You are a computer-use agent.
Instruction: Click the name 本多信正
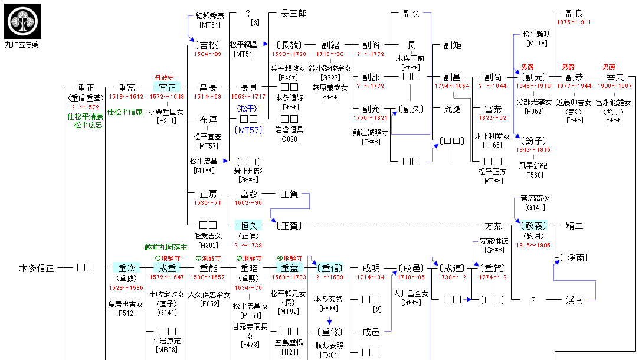[x=37, y=268]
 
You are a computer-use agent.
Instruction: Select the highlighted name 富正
[x=167, y=87]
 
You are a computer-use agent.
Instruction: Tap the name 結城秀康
[x=211, y=15]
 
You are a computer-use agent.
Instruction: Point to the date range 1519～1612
[x=126, y=96]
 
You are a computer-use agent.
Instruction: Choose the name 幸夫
[x=615, y=77]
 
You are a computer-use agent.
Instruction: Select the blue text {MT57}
[x=248, y=130]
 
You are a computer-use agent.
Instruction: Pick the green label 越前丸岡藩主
[x=165, y=247]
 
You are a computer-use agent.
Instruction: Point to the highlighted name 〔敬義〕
[x=533, y=225]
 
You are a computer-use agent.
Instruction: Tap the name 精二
[x=574, y=225]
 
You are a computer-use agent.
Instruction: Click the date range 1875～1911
[x=574, y=22]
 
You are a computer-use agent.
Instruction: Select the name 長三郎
[x=293, y=13]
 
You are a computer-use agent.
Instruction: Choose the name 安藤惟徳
[x=493, y=241]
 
